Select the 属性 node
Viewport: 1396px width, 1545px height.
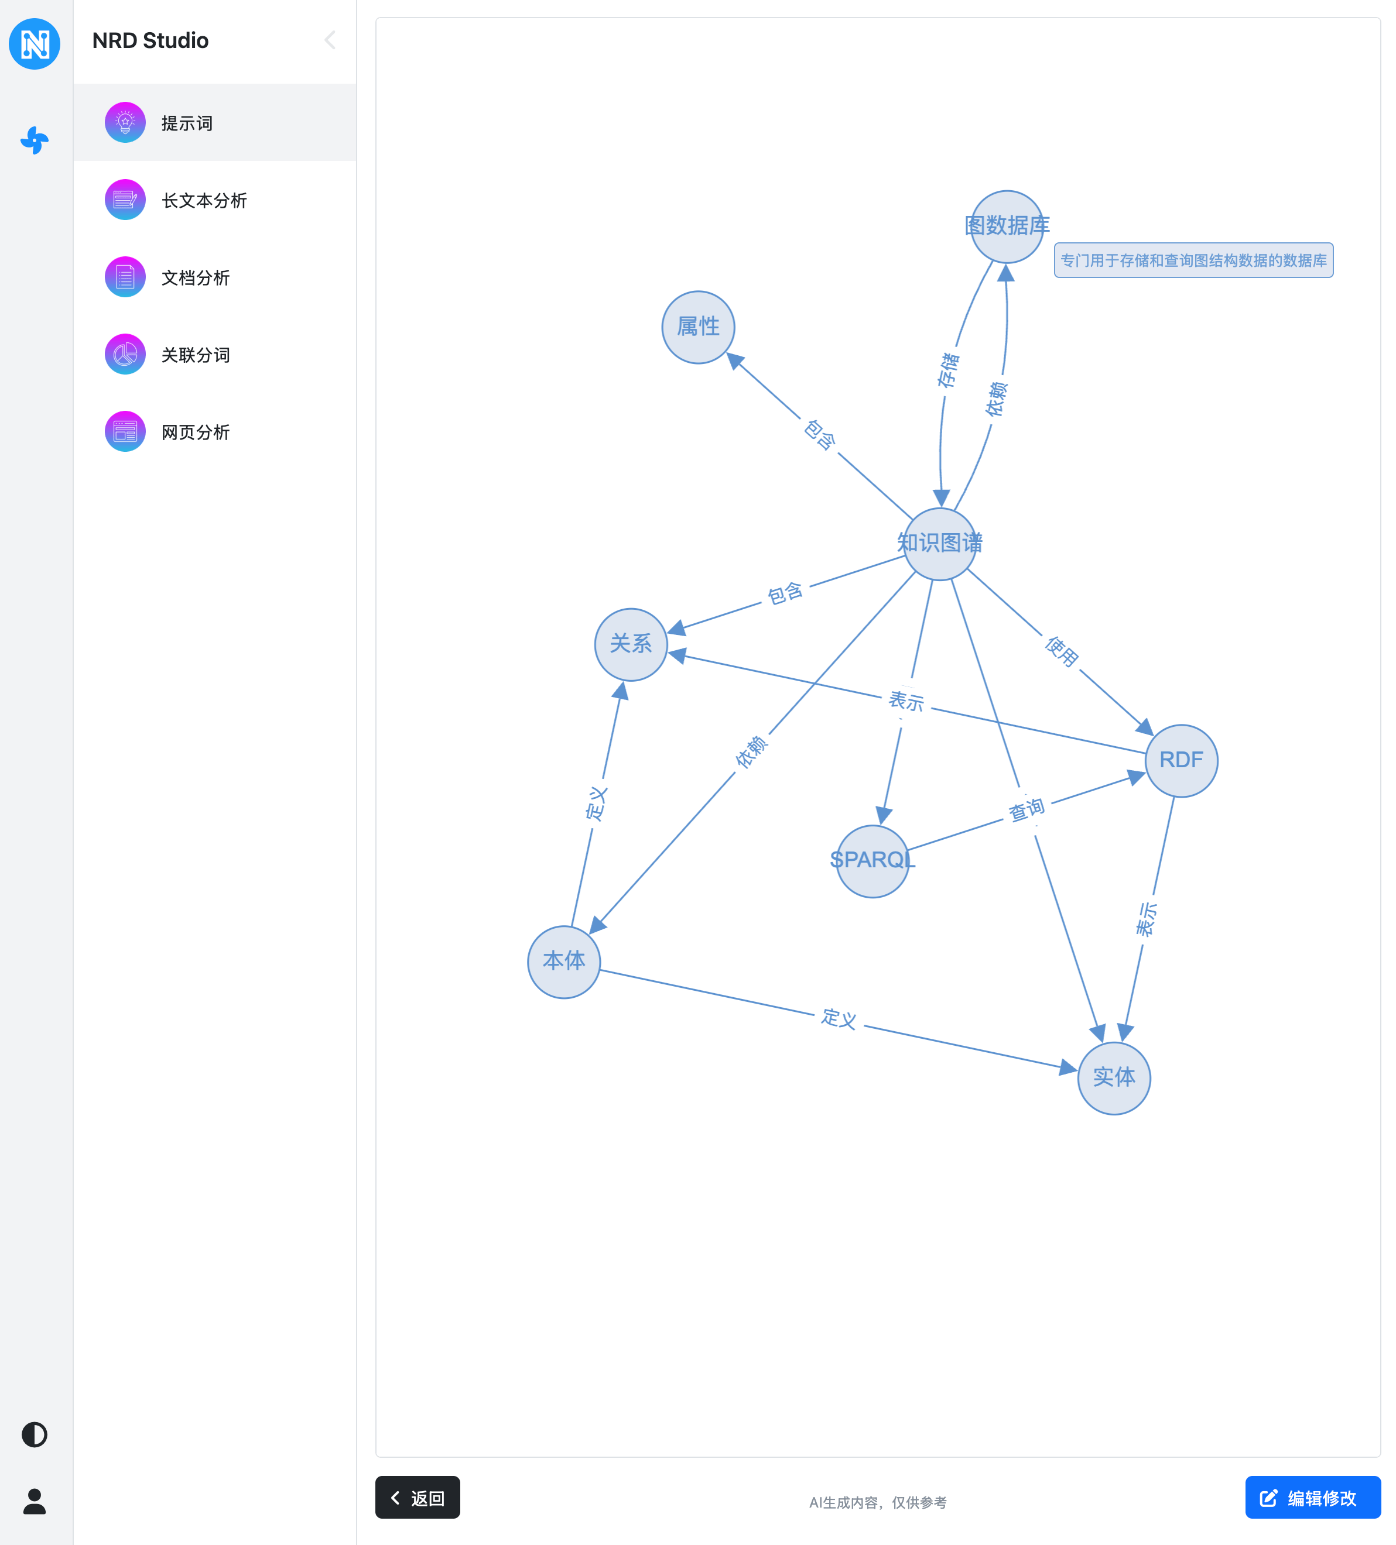697,327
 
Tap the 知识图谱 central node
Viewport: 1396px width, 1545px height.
939,543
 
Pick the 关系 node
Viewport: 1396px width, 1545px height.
630,644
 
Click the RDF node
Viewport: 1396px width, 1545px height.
1181,760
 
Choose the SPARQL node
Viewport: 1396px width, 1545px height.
872,861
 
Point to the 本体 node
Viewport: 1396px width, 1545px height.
563,961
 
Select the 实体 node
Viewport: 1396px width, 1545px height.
1113,1077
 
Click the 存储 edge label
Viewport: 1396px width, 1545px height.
948,370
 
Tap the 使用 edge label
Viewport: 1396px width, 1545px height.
1062,651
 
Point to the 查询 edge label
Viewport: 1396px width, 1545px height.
1026,810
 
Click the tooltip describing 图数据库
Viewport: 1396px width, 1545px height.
1193,260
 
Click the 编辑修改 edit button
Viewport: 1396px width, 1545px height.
1312,1497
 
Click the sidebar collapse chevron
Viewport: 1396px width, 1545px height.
330,40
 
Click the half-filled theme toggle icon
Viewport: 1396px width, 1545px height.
35,1434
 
